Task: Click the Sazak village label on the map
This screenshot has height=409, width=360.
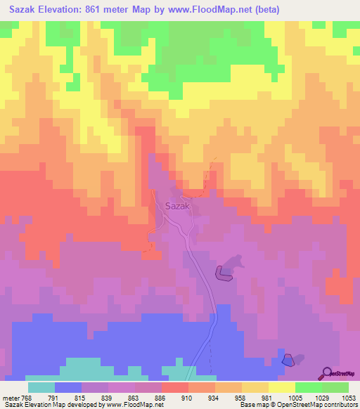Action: coord(177,206)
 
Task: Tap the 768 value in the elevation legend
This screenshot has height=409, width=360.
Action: coord(23,397)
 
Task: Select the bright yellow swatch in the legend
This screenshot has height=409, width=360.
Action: coord(282,387)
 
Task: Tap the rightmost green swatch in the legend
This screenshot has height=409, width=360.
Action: coord(335,387)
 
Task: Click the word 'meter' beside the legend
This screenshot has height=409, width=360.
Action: coord(8,397)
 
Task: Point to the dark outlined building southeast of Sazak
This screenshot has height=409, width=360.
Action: coord(223,273)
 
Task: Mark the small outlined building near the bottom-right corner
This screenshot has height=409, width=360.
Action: coord(287,360)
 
